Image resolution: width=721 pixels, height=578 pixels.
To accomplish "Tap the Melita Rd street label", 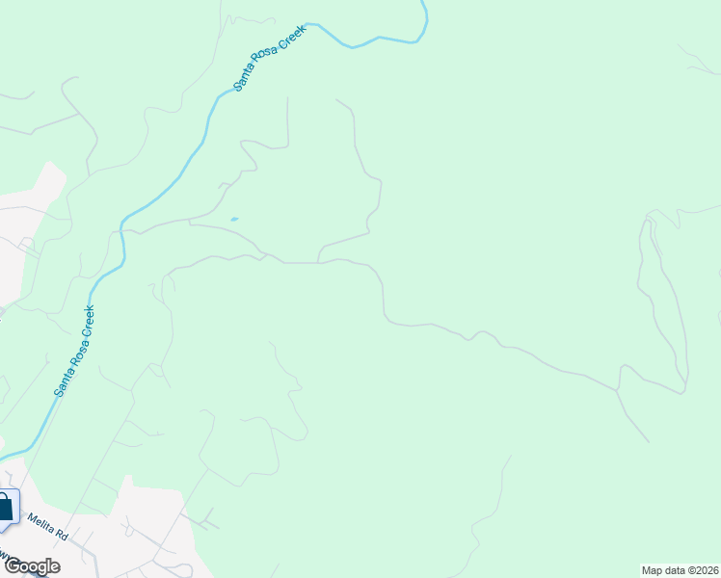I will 46,528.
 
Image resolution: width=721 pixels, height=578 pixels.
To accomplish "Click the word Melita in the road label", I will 40,524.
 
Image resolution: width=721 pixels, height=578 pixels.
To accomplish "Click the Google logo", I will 32,566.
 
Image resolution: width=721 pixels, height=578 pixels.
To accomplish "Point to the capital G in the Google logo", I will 12,566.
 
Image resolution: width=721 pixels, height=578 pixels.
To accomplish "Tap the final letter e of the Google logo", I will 55,567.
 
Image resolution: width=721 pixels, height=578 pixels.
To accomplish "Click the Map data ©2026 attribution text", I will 680,569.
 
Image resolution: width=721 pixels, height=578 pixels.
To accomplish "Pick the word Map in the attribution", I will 653,569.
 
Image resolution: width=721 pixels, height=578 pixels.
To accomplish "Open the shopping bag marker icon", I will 5,507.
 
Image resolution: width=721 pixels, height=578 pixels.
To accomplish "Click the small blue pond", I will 233,220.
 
